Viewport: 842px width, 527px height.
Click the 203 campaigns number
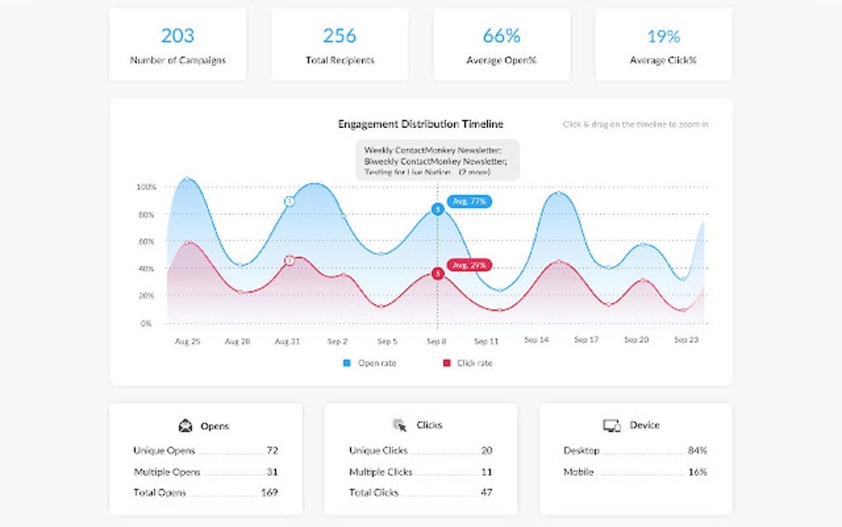coord(177,36)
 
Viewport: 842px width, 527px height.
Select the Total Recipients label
coord(339,60)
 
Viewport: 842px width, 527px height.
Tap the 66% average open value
coord(501,36)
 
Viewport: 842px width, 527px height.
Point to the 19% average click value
coord(663,36)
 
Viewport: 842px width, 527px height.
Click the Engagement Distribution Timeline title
coord(420,124)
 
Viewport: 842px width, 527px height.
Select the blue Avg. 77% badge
coord(470,201)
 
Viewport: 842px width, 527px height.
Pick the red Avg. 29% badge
coord(470,265)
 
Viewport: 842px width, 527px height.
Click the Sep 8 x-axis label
coord(437,340)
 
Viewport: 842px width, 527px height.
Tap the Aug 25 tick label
coord(188,340)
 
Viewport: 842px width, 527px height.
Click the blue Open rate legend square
coord(347,363)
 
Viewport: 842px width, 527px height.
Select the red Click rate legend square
coord(447,363)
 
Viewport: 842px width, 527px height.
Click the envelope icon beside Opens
coord(186,426)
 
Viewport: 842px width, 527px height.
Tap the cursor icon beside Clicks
coord(400,425)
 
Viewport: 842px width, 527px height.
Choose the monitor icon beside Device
coord(612,425)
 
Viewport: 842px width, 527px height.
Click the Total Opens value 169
coord(269,492)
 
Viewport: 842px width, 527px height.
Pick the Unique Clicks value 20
coord(486,450)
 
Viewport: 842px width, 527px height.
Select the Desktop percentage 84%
coord(697,450)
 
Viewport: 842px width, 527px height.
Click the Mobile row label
coord(578,472)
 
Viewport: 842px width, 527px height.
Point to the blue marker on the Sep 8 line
coord(438,210)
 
